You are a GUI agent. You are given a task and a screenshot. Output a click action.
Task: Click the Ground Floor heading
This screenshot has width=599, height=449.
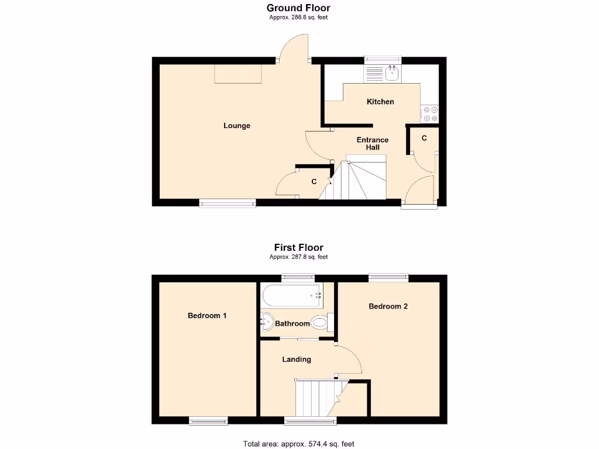(298, 8)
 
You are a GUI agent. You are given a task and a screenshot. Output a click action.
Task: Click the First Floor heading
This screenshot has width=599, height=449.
(298, 247)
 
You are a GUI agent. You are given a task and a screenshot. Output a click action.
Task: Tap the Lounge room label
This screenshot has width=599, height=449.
(237, 126)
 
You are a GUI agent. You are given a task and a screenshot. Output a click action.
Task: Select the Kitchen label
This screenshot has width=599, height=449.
(380, 102)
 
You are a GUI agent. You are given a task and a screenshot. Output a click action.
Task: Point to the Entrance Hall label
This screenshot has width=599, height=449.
(373, 143)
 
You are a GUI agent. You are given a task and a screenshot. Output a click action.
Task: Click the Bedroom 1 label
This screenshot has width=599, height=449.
(207, 316)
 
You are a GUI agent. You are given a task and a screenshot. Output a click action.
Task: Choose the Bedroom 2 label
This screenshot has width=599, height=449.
(388, 306)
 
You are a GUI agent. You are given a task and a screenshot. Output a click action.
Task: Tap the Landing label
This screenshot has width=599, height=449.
(297, 360)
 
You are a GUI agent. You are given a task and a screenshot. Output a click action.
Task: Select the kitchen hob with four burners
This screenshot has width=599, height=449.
(430, 113)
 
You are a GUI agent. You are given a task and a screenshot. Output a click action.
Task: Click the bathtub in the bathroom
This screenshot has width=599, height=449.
(291, 296)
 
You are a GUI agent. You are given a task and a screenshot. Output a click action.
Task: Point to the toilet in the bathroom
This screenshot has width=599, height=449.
(320, 322)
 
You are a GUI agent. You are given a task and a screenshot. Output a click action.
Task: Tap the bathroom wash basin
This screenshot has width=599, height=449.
(267, 322)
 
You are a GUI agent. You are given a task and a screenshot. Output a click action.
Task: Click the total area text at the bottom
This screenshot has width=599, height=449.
(298, 444)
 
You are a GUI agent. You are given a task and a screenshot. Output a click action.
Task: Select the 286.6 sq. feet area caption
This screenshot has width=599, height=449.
(298, 18)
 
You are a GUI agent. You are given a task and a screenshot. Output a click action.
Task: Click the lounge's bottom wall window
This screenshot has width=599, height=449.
(228, 203)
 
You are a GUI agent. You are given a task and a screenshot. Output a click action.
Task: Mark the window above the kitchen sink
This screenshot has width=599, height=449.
(383, 60)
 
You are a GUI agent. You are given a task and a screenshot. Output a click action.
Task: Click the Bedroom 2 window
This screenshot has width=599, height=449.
(388, 278)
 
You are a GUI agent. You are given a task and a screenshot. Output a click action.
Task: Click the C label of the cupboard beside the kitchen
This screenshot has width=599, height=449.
(424, 138)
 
